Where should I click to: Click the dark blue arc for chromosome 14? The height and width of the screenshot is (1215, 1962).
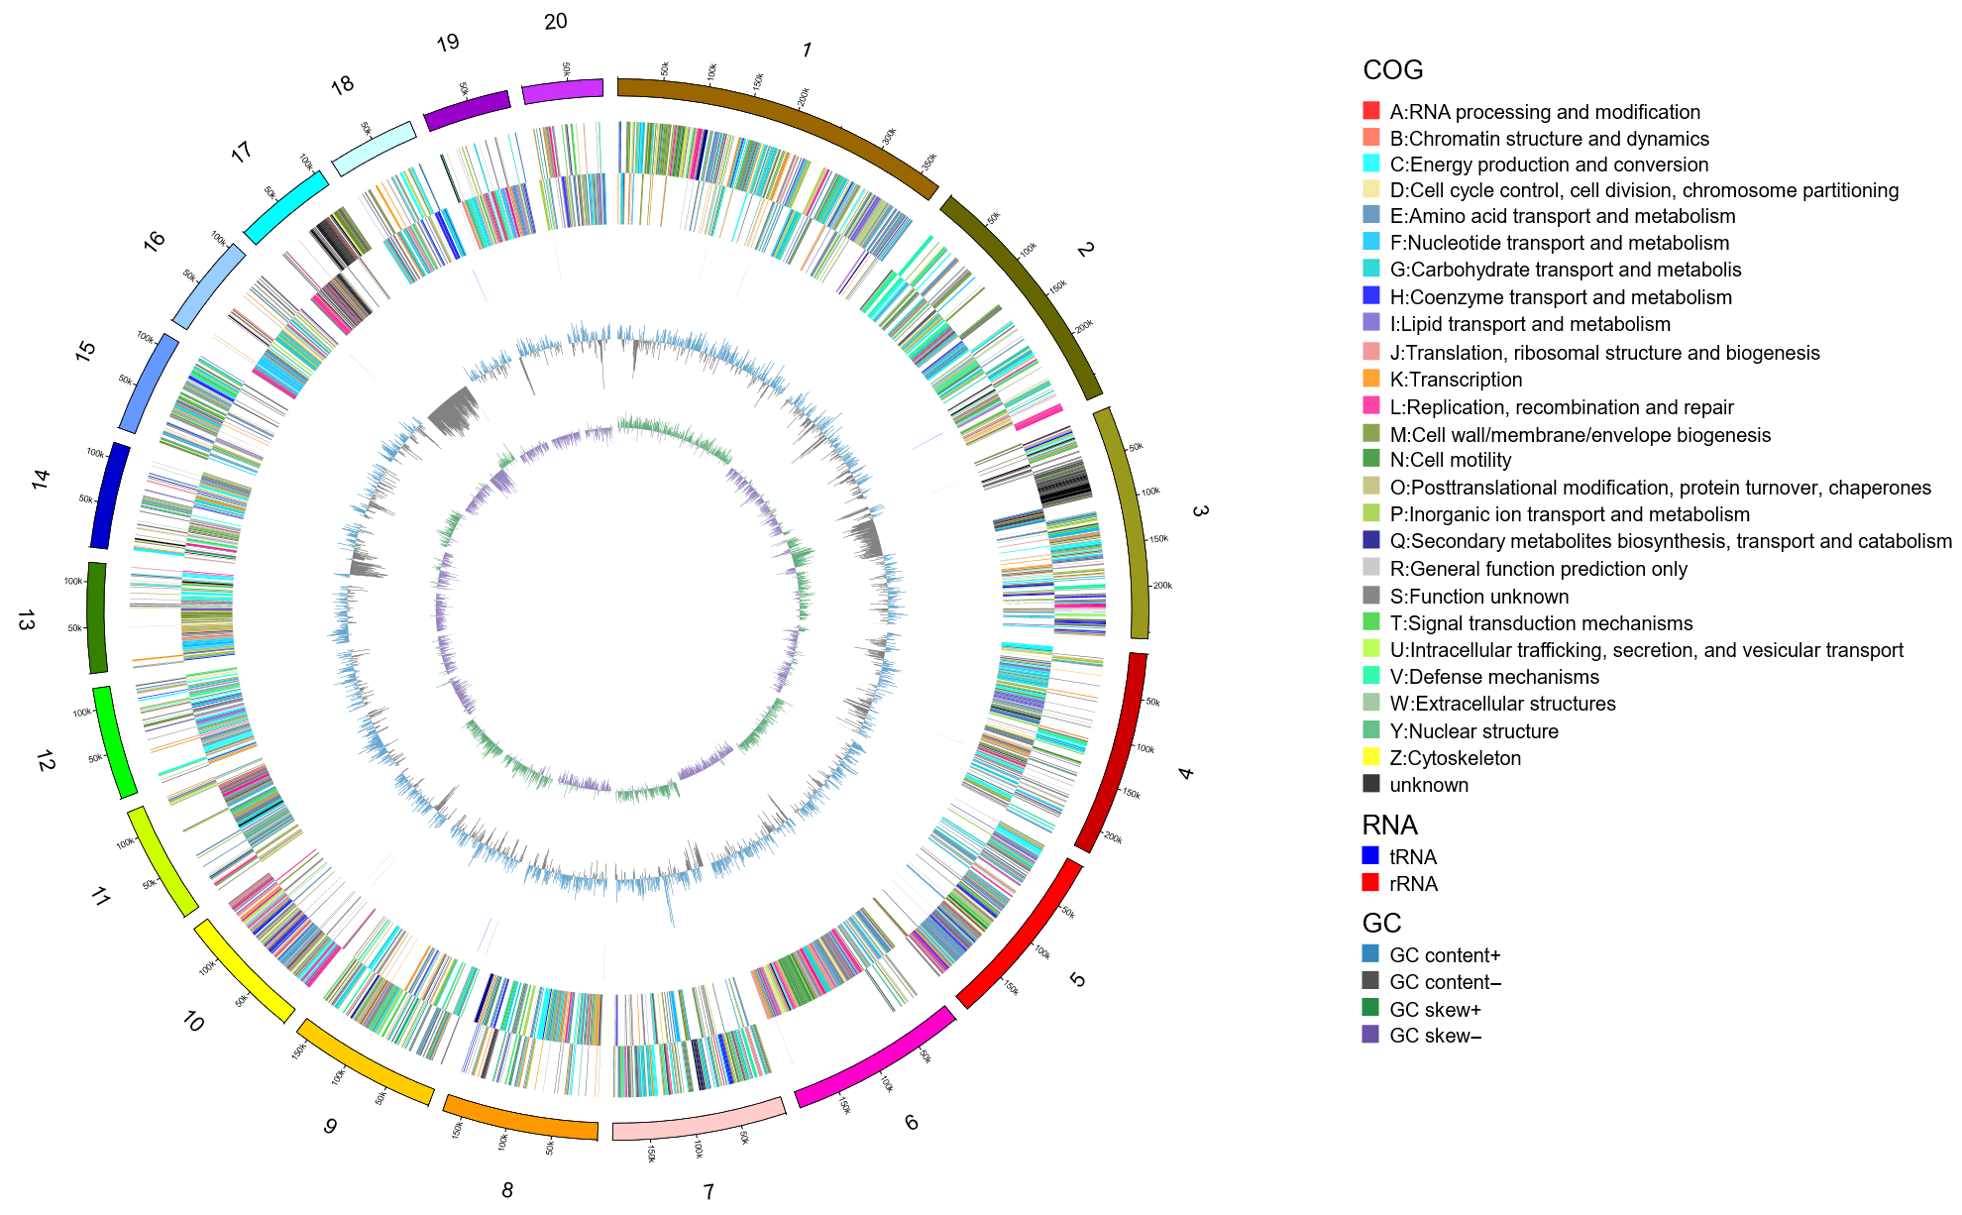[x=109, y=496]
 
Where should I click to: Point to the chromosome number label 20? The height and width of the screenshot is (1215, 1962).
[x=555, y=21]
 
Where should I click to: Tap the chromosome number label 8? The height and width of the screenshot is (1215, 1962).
[x=507, y=1189]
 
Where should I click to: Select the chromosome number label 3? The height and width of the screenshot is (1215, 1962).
[x=1199, y=511]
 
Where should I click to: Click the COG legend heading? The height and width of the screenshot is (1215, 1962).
[x=1392, y=70]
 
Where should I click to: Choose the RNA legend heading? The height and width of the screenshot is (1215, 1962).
[x=1389, y=825]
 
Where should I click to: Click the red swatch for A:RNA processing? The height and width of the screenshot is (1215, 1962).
[x=1371, y=111]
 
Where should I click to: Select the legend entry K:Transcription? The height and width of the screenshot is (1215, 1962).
[x=1455, y=380]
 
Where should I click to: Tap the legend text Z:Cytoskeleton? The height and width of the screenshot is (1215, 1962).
[x=1455, y=758]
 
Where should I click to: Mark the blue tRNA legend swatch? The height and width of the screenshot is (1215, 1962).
[x=1371, y=856]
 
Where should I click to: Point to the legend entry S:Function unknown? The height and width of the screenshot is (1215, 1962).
[x=1478, y=597]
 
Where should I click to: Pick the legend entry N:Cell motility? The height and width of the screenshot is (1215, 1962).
[x=1450, y=460]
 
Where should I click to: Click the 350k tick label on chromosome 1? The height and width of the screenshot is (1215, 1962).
[x=929, y=161]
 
